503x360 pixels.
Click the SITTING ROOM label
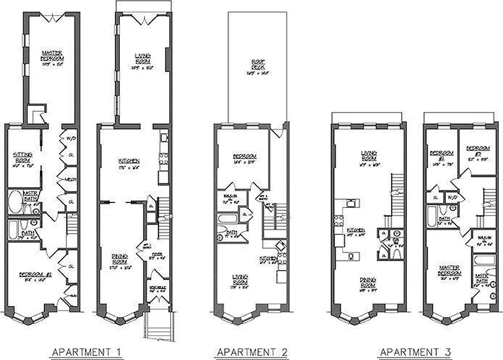(23, 158)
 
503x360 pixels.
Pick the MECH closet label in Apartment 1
(70, 180)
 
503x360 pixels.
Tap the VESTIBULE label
(159, 288)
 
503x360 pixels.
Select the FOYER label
(158, 255)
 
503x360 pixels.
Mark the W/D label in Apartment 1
(70, 138)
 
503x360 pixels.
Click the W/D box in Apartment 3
(451, 198)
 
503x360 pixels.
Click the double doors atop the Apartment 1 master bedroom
(52, 18)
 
